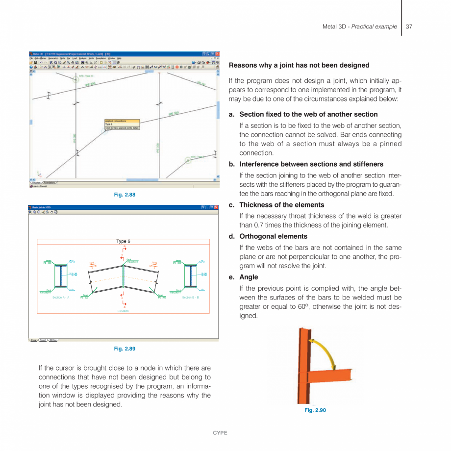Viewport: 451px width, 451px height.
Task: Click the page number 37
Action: pyautogui.click(x=409, y=26)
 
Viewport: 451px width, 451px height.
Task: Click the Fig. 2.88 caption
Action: pyautogui.click(x=124, y=195)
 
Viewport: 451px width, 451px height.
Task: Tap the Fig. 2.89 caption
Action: pyautogui.click(x=124, y=349)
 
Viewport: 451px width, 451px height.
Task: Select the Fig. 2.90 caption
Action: pyautogui.click(x=315, y=410)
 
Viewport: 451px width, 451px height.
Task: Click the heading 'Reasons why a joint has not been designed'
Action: pyautogui.click(x=299, y=65)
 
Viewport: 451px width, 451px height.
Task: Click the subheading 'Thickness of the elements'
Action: pyautogui.click(x=281, y=205)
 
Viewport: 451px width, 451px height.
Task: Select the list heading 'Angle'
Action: pyautogui.click(x=249, y=277)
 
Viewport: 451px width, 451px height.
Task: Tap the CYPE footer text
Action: pyautogui.click(x=220, y=433)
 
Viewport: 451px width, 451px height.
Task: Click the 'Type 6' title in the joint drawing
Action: pyautogui.click(x=123, y=241)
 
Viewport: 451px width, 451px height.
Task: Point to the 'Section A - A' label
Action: pyautogui.click(x=61, y=298)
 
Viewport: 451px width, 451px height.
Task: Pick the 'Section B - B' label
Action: pyautogui.click(x=190, y=298)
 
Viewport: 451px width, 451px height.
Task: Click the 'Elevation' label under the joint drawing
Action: pyautogui.click(x=123, y=311)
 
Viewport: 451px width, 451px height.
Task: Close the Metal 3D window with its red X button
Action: pyautogui.click(x=217, y=53)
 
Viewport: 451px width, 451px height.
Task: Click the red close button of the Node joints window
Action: pyautogui.click(x=216, y=207)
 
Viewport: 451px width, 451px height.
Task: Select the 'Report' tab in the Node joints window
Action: pyautogui.click(x=43, y=340)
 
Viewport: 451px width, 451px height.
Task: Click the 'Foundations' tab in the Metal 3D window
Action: pyautogui.click(x=49, y=182)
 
